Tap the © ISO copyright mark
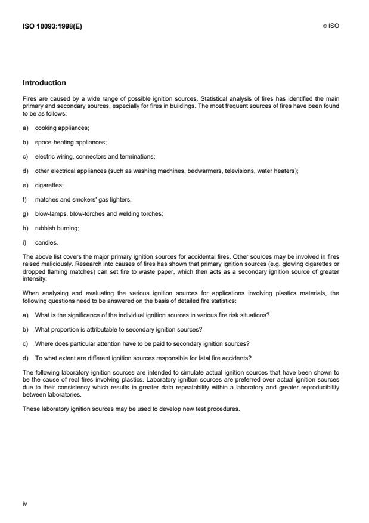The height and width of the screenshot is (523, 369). point(332,26)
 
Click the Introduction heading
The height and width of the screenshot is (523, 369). point(44,83)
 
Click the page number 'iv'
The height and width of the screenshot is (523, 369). point(24,503)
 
